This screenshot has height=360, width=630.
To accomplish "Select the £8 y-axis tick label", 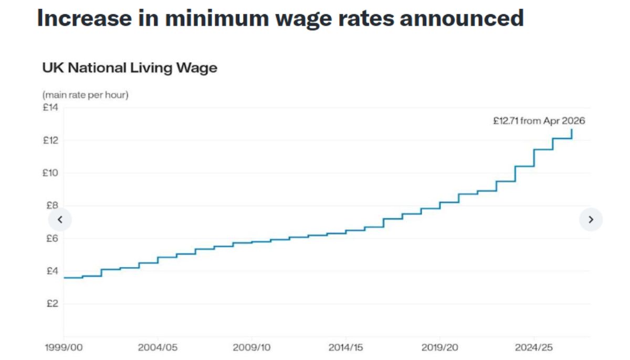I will (50, 206).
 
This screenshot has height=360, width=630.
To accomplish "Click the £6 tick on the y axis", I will (50, 238).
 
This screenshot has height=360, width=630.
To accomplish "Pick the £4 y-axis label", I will (50, 271).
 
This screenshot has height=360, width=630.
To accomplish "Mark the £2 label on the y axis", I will (50, 304).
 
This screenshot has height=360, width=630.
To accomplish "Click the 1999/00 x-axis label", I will (64, 348).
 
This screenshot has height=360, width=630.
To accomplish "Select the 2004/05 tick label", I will (157, 348).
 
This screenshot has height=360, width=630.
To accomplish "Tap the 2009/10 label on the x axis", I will (251, 348).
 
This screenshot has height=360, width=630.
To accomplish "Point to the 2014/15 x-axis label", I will (345, 348).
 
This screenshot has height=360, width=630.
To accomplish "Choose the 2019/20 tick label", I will (439, 348).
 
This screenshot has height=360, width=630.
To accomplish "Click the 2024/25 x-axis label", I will (533, 348).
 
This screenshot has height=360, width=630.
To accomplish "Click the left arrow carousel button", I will (60, 220).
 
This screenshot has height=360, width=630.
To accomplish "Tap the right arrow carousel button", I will (591, 220).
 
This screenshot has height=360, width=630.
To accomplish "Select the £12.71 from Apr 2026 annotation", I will (539, 121).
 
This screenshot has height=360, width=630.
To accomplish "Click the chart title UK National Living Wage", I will (129, 68).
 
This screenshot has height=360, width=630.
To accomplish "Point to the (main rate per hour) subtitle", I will (85, 95).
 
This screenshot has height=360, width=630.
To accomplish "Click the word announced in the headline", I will (462, 18).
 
